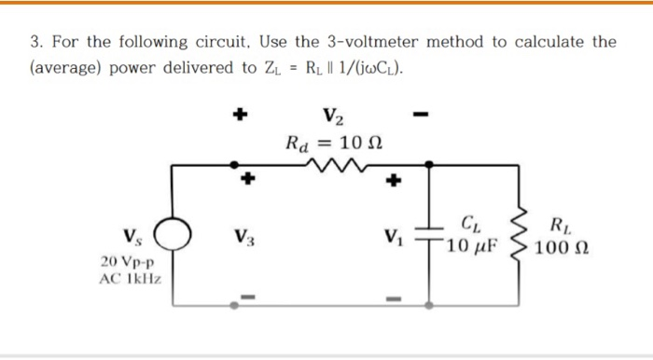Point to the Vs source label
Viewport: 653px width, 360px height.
(x=132, y=233)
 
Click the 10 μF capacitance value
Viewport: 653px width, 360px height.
(x=473, y=247)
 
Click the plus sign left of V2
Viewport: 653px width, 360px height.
(x=241, y=116)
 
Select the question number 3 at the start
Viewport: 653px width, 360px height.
(x=35, y=42)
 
